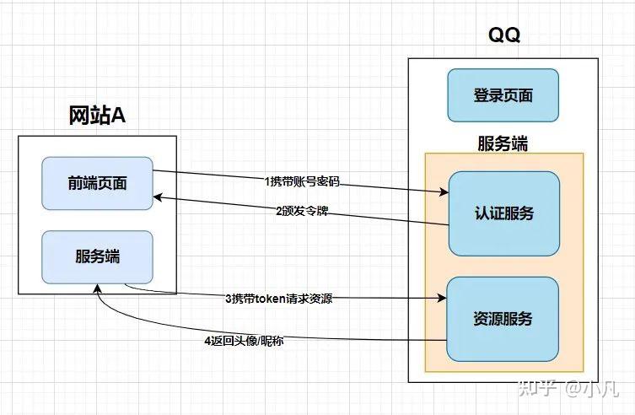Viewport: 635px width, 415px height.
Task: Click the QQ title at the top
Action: coord(503,35)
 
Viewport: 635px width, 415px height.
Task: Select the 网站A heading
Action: coord(97,116)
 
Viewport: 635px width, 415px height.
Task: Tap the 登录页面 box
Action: coord(503,95)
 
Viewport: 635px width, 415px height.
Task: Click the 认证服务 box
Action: coord(503,213)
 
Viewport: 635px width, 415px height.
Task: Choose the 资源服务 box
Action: coord(503,318)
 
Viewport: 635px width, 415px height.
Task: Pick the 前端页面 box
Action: coord(97,183)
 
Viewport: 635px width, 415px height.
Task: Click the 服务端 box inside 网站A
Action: coord(97,256)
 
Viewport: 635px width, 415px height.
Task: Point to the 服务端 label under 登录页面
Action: coord(503,143)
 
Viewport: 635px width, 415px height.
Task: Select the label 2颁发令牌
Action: coord(301,210)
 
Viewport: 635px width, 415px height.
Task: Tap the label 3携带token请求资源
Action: coord(278,299)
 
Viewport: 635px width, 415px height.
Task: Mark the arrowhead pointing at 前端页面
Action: coord(158,198)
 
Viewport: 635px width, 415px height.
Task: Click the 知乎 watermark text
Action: coord(536,389)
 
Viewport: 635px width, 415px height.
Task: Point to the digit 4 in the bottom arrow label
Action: coord(207,341)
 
